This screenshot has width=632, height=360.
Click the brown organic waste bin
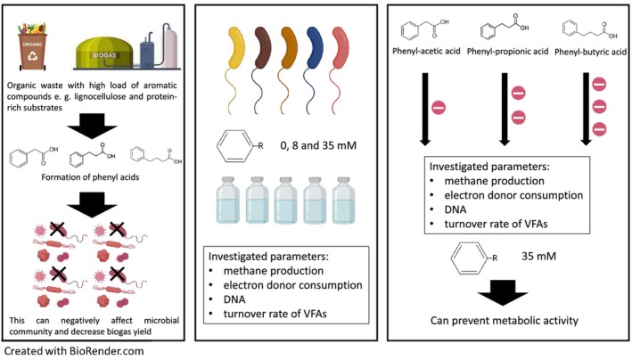[x=32, y=52]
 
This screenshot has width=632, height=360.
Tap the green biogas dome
[x=105, y=53]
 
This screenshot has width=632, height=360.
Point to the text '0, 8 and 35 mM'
[x=318, y=145]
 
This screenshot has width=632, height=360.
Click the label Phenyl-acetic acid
[x=426, y=51]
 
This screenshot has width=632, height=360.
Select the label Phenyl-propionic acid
[x=507, y=52]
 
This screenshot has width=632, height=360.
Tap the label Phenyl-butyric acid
[x=590, y=52]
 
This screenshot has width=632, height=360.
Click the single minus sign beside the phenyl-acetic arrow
[x=439, y=108]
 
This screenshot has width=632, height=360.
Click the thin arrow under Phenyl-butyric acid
[x=586, y=109]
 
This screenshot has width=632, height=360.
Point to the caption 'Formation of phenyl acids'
[x=90, y=177]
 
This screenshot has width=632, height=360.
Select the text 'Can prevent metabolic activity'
[x=505, y=321]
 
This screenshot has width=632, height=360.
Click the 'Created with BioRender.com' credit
[x=74, y=351]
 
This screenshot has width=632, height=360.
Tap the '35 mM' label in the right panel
[x=539, y=256]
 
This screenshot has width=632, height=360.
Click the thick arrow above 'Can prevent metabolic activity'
[x=503, y=292]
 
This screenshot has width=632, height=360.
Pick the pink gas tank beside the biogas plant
[x=170, y=45]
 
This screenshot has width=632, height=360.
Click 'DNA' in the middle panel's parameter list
[x=234, y=299]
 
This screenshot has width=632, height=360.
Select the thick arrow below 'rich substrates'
[x=93, y=127]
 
